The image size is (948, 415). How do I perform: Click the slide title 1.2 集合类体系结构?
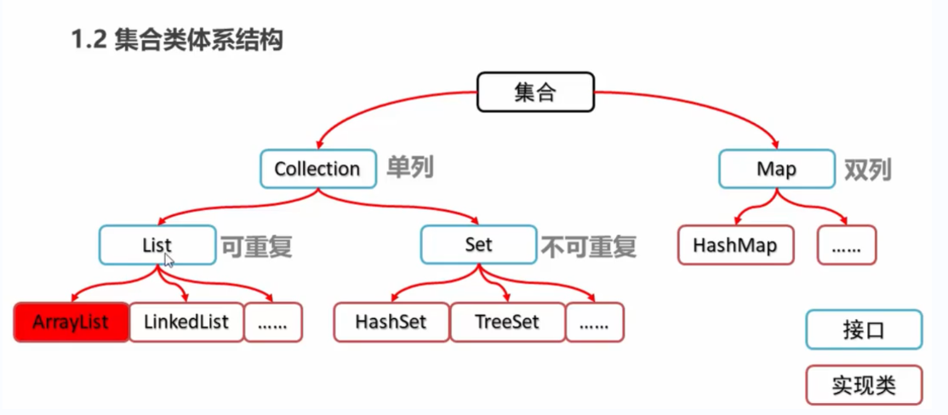tap(177, 40)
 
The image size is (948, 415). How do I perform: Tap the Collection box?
tap(317, 168)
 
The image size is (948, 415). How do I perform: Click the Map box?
tap(776, 168)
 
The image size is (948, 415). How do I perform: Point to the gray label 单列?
tap(410, 167)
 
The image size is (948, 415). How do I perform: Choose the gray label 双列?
tap(867, 169)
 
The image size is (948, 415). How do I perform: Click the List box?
tap(157, 245)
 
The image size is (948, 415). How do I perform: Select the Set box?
tap(478, 245)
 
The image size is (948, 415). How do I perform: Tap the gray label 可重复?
tap(256, 246)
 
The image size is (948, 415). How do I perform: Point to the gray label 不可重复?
tap(589, 246)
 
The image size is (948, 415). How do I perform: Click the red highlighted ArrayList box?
tap(71, 322)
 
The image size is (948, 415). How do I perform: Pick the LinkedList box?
tap(186, 322)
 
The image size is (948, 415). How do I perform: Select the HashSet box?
tap(391, 322)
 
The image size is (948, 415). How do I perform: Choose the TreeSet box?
tap(507, 322)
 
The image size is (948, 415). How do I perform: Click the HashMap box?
tap(735, 246)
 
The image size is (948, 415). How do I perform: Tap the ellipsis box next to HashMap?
tap(846, 246)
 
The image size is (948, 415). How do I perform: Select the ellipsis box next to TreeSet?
tap(594, 322)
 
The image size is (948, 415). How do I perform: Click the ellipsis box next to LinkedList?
tap(273, 322)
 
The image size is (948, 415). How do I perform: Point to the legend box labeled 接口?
tap(864, 330)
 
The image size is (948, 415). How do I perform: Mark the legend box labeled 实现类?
tap(864, 384)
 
